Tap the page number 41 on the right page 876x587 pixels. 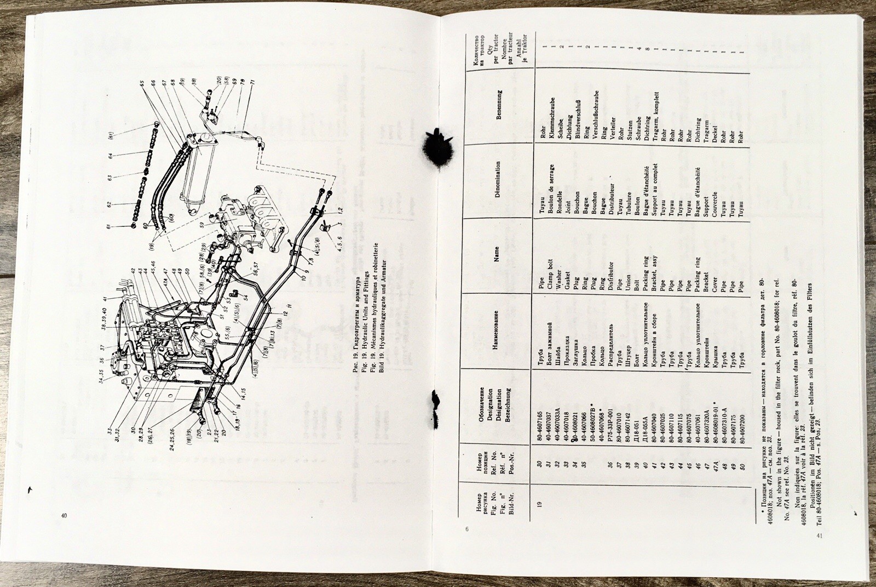[819, 535]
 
